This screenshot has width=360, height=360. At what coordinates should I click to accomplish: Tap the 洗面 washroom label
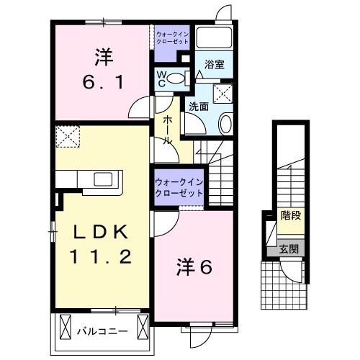(x=198, y=106)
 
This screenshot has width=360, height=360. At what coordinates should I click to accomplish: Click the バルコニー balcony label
(x=102, y=332)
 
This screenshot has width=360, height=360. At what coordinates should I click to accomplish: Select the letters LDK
(x=100, y=232)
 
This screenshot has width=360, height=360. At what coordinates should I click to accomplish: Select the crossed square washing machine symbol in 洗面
(x=222, y=94)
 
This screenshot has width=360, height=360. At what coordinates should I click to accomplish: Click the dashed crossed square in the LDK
(x=68, y=136)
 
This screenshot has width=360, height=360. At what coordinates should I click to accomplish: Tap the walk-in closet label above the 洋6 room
(x=177, y=189)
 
